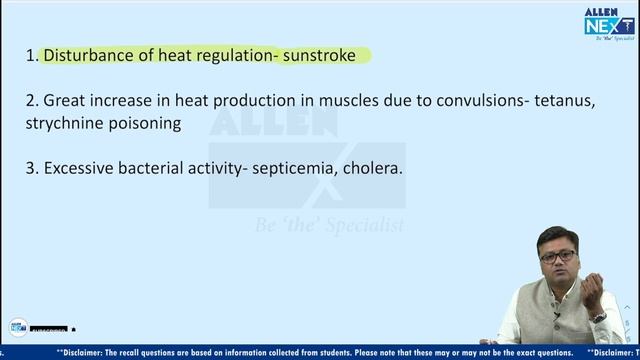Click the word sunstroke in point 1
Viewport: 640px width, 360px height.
(x=328, y=56)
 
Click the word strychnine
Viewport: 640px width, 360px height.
(x=66, y=124)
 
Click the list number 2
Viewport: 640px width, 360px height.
(x=31, y=100)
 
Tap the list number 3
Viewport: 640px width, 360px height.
(x=31, y=168)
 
